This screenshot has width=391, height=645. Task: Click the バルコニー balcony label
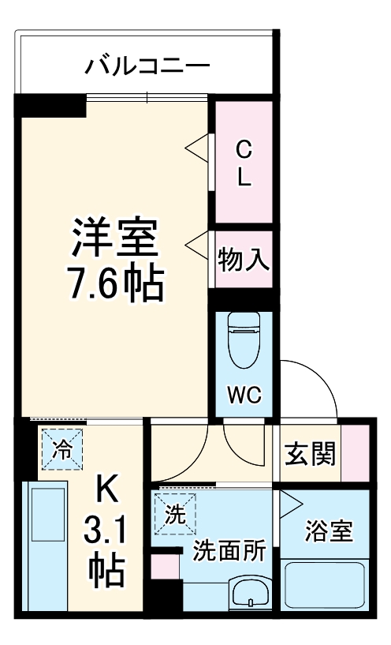coord(147,63)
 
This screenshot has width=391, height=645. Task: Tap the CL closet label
coord(244,162)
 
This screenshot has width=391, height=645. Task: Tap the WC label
coord(244,393)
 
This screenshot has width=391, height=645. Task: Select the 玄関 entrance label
coord(310,453)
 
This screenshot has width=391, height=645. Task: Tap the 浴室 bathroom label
coord(330,531)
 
